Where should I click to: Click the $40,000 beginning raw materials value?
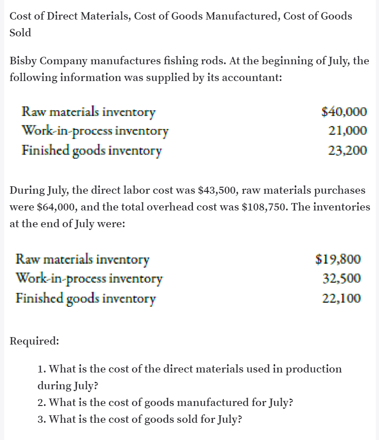pyautogui.click(x=344, y=112)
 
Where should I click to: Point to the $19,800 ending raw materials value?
pyautogui.click(x=338, y=259)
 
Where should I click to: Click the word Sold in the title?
pyautogui.click(x=20, y=33)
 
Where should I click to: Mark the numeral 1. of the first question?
pyautogui.click(x=41, y=369)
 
